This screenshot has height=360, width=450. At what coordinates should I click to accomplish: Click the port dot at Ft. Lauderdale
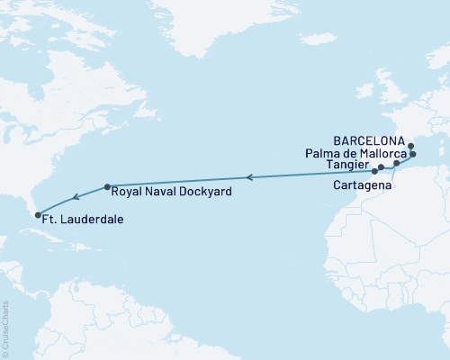click(x=39, y=214)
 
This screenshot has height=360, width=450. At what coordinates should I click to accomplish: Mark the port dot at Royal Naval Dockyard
click(x=107, y=187)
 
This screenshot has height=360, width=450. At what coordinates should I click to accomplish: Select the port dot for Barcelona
click(x=410, y=146)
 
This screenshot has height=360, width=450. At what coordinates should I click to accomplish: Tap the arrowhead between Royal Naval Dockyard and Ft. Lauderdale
click(x=76, y=196)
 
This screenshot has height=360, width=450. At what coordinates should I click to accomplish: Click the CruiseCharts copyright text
click(x=6, y=329)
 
